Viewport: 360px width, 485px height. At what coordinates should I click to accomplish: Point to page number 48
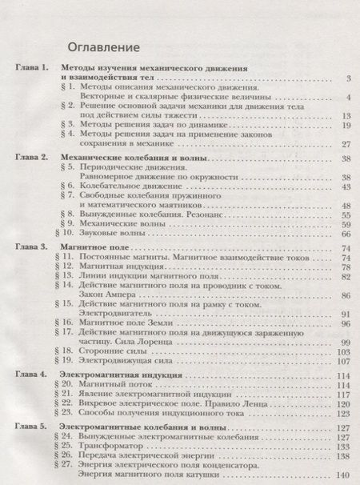[x=346, y=205]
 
